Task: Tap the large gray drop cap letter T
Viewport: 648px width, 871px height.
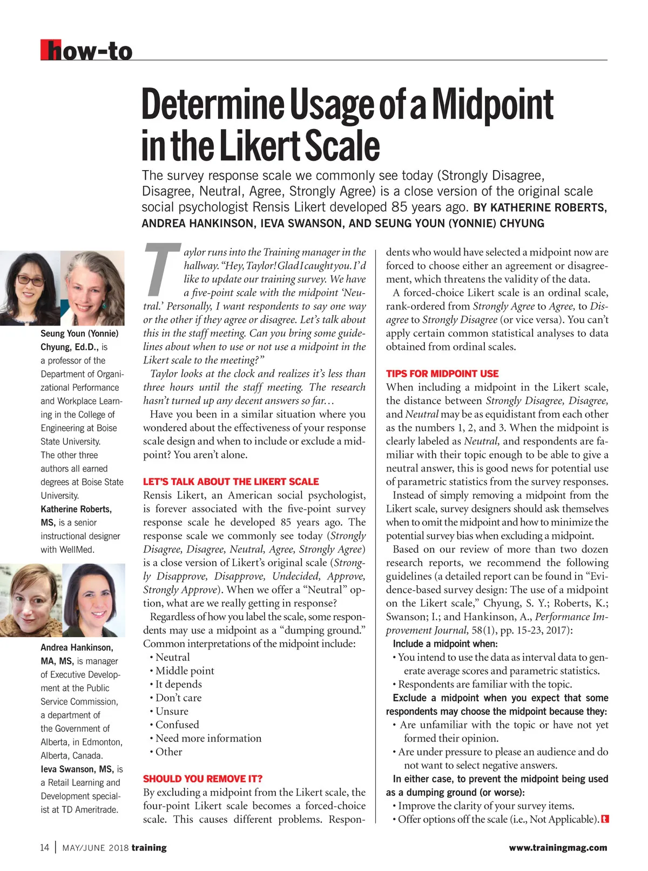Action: pos(162,270)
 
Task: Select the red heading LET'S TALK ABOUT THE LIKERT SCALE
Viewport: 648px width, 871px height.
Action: pos(231,482)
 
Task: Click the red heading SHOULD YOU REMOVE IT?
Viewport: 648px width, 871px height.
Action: pos(202,779)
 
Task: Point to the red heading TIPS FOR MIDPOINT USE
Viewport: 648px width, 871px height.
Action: pos(442,374)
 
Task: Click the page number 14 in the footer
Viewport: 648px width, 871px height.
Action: pos(44,847)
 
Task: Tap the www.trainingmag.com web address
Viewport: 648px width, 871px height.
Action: pos(558,848)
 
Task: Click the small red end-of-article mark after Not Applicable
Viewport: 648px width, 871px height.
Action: pos(605,819)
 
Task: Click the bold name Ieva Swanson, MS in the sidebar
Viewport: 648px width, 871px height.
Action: pos(77,769)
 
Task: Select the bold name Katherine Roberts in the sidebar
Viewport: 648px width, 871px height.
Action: pos(76,509)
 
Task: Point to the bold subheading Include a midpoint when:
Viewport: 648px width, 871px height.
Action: pos(445,644)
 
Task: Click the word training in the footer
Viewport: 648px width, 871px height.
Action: pos(149,848)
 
